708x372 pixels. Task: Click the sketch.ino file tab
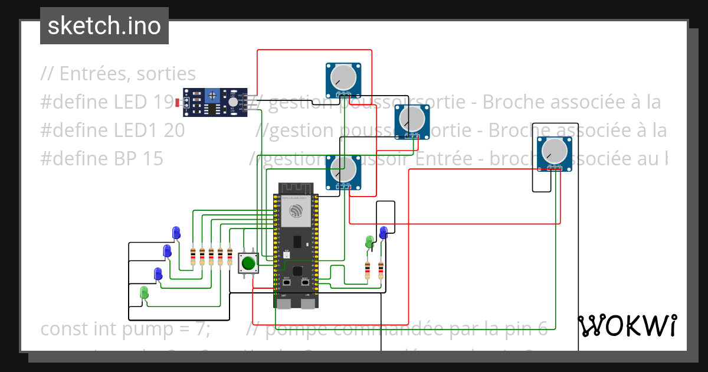[104, 26]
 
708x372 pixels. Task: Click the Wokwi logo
[627, 325]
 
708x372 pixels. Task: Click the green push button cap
[248, 262]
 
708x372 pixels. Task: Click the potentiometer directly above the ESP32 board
[342, 170]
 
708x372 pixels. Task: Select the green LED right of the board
[369, 241]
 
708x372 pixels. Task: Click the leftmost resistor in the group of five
[193, 256]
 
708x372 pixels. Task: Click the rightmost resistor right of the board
[381, 270]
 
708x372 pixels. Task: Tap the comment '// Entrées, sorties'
[118, 74]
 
